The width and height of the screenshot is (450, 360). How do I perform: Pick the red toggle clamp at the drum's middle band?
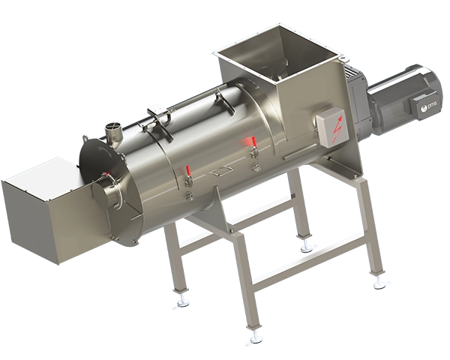(187, 175)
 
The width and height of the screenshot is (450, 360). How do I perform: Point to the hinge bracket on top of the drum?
(157, 115)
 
